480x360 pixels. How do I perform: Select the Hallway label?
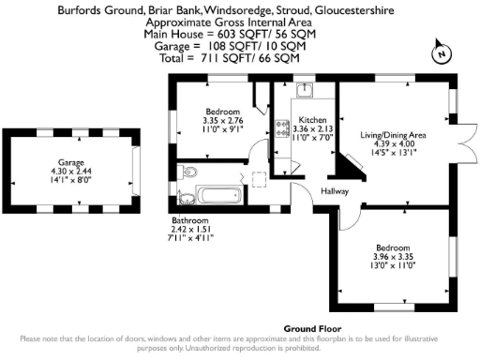[335, 191]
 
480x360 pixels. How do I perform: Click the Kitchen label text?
[312, 121]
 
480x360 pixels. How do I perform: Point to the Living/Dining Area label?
[394, 135]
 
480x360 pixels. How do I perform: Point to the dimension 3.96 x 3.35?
[393, 255]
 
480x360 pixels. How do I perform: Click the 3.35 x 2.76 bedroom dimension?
[222, 120]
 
